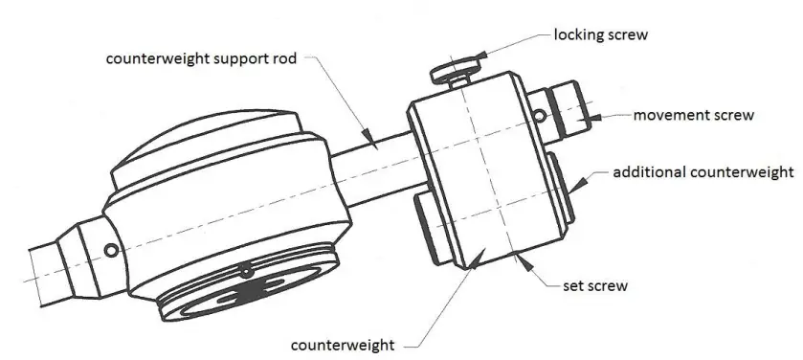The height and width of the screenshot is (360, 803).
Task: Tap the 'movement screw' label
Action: [x=694, y=116]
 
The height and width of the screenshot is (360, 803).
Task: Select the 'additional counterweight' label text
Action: [x=703, y=173]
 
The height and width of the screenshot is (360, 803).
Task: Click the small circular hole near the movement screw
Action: [x=541, y=116]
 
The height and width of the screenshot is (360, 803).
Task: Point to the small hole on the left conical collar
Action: [x=112, y=251]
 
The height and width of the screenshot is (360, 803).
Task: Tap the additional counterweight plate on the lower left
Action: [x=426, y=230]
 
